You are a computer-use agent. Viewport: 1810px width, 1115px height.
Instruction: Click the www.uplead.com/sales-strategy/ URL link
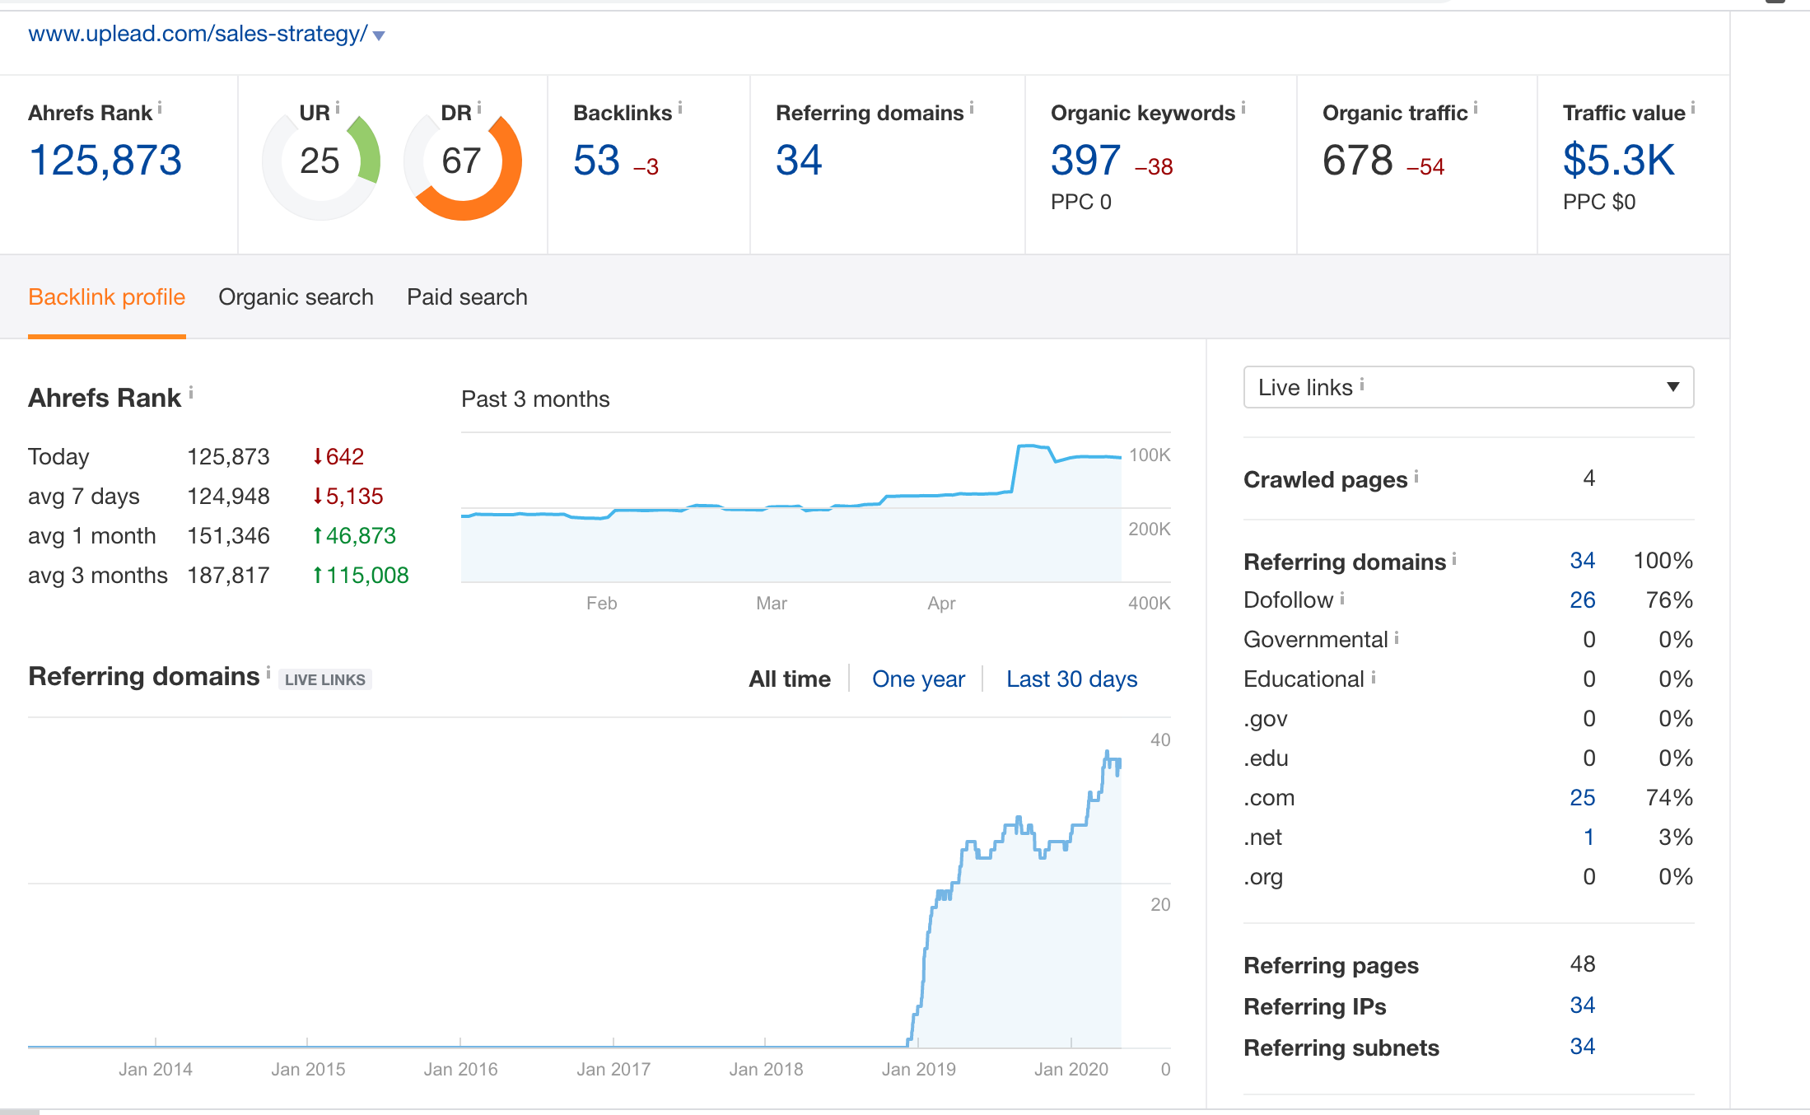click(198, 34)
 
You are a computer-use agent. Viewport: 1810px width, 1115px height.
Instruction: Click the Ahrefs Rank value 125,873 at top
click(105, 160)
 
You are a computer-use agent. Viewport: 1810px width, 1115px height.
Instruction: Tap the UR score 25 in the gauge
click(320, 161)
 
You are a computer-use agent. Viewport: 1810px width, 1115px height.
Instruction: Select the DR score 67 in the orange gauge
click(461, 161)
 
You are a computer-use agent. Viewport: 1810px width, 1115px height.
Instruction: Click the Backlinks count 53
click(596, 160)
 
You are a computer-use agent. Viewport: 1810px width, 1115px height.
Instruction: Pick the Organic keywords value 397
click(1085, 160)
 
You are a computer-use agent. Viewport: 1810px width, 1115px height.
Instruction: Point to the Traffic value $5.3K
click(1618, 160)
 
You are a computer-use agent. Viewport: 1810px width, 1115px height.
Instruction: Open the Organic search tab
click(296, 297)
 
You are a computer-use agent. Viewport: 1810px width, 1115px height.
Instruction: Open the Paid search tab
click(467, 297)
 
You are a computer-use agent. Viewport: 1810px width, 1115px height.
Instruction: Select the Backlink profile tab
click(107, 297)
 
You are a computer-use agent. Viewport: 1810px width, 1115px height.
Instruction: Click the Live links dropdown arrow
click(1672, 387)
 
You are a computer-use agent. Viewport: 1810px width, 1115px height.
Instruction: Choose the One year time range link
click(918, 679)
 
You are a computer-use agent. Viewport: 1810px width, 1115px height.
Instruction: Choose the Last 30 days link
click(1071, 679)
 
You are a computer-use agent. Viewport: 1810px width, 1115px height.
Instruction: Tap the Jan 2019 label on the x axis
click(918, 1069)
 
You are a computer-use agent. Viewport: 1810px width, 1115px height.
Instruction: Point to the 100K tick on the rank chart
click(1149, 455)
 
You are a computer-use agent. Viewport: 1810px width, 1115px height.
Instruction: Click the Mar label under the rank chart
click(772, 604)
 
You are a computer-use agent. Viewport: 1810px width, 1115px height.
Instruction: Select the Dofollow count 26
click(1582, 600)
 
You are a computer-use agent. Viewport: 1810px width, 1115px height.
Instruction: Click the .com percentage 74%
click(1669, 798)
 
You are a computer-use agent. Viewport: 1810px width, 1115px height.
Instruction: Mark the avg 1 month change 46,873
click(361, 536)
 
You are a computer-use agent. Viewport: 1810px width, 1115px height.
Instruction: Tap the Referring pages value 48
click(1582, 964)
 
